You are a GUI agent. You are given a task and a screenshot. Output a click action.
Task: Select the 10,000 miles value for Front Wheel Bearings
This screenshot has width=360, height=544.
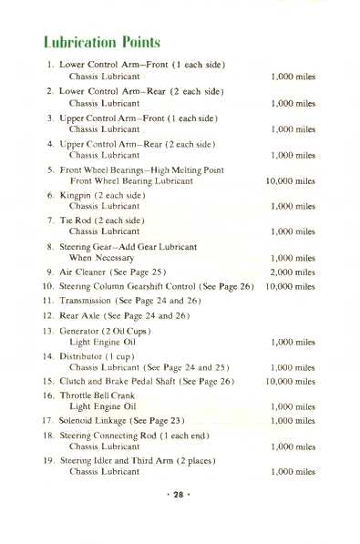[290, 181]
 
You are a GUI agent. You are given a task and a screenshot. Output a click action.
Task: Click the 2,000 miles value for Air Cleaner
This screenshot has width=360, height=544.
[293, 272]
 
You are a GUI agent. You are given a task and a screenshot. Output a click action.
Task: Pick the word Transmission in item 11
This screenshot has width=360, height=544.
[88, 300]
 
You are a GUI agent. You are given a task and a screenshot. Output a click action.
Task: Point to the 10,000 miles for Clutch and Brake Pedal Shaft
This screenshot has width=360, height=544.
[290, 381]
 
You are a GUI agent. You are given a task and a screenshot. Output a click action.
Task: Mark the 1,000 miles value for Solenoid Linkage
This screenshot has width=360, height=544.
[293, 420]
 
